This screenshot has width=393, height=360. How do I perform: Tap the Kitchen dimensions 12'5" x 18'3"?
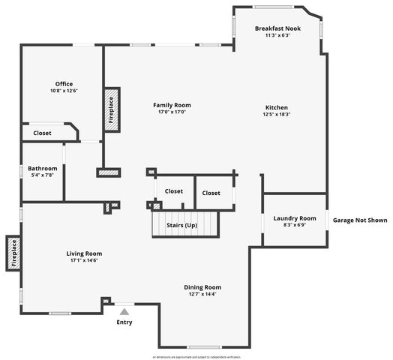[x=276, y=115]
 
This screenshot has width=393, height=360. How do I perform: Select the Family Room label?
[x=172, y=105]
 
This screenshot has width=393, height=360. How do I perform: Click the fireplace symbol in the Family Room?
[x=111, y=110]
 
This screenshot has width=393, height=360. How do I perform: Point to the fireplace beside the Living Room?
[x=13, y=253]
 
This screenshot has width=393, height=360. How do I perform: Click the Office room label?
[x=64, y=83]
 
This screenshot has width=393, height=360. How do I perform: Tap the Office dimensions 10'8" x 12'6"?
[x=64, y=91]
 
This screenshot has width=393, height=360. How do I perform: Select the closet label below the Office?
[x=42, y=133]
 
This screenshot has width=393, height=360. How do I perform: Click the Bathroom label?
[x=42, y=169]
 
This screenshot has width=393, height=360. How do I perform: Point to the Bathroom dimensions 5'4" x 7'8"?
[x=42, y=176]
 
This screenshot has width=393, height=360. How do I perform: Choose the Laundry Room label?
[x=294, y=218]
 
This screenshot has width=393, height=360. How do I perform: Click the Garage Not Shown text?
[x=360, y=220]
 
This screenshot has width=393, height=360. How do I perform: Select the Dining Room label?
[x=202, y=286]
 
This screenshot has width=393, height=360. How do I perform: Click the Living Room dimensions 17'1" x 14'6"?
[x=84, y=260]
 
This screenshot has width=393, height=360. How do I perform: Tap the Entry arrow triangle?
[x=124, y=309]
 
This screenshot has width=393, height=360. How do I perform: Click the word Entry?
[x=124, y=322]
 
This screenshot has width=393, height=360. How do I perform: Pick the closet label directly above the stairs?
[x=174, y=191]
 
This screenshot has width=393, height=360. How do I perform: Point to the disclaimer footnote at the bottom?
[x=196, y=356]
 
